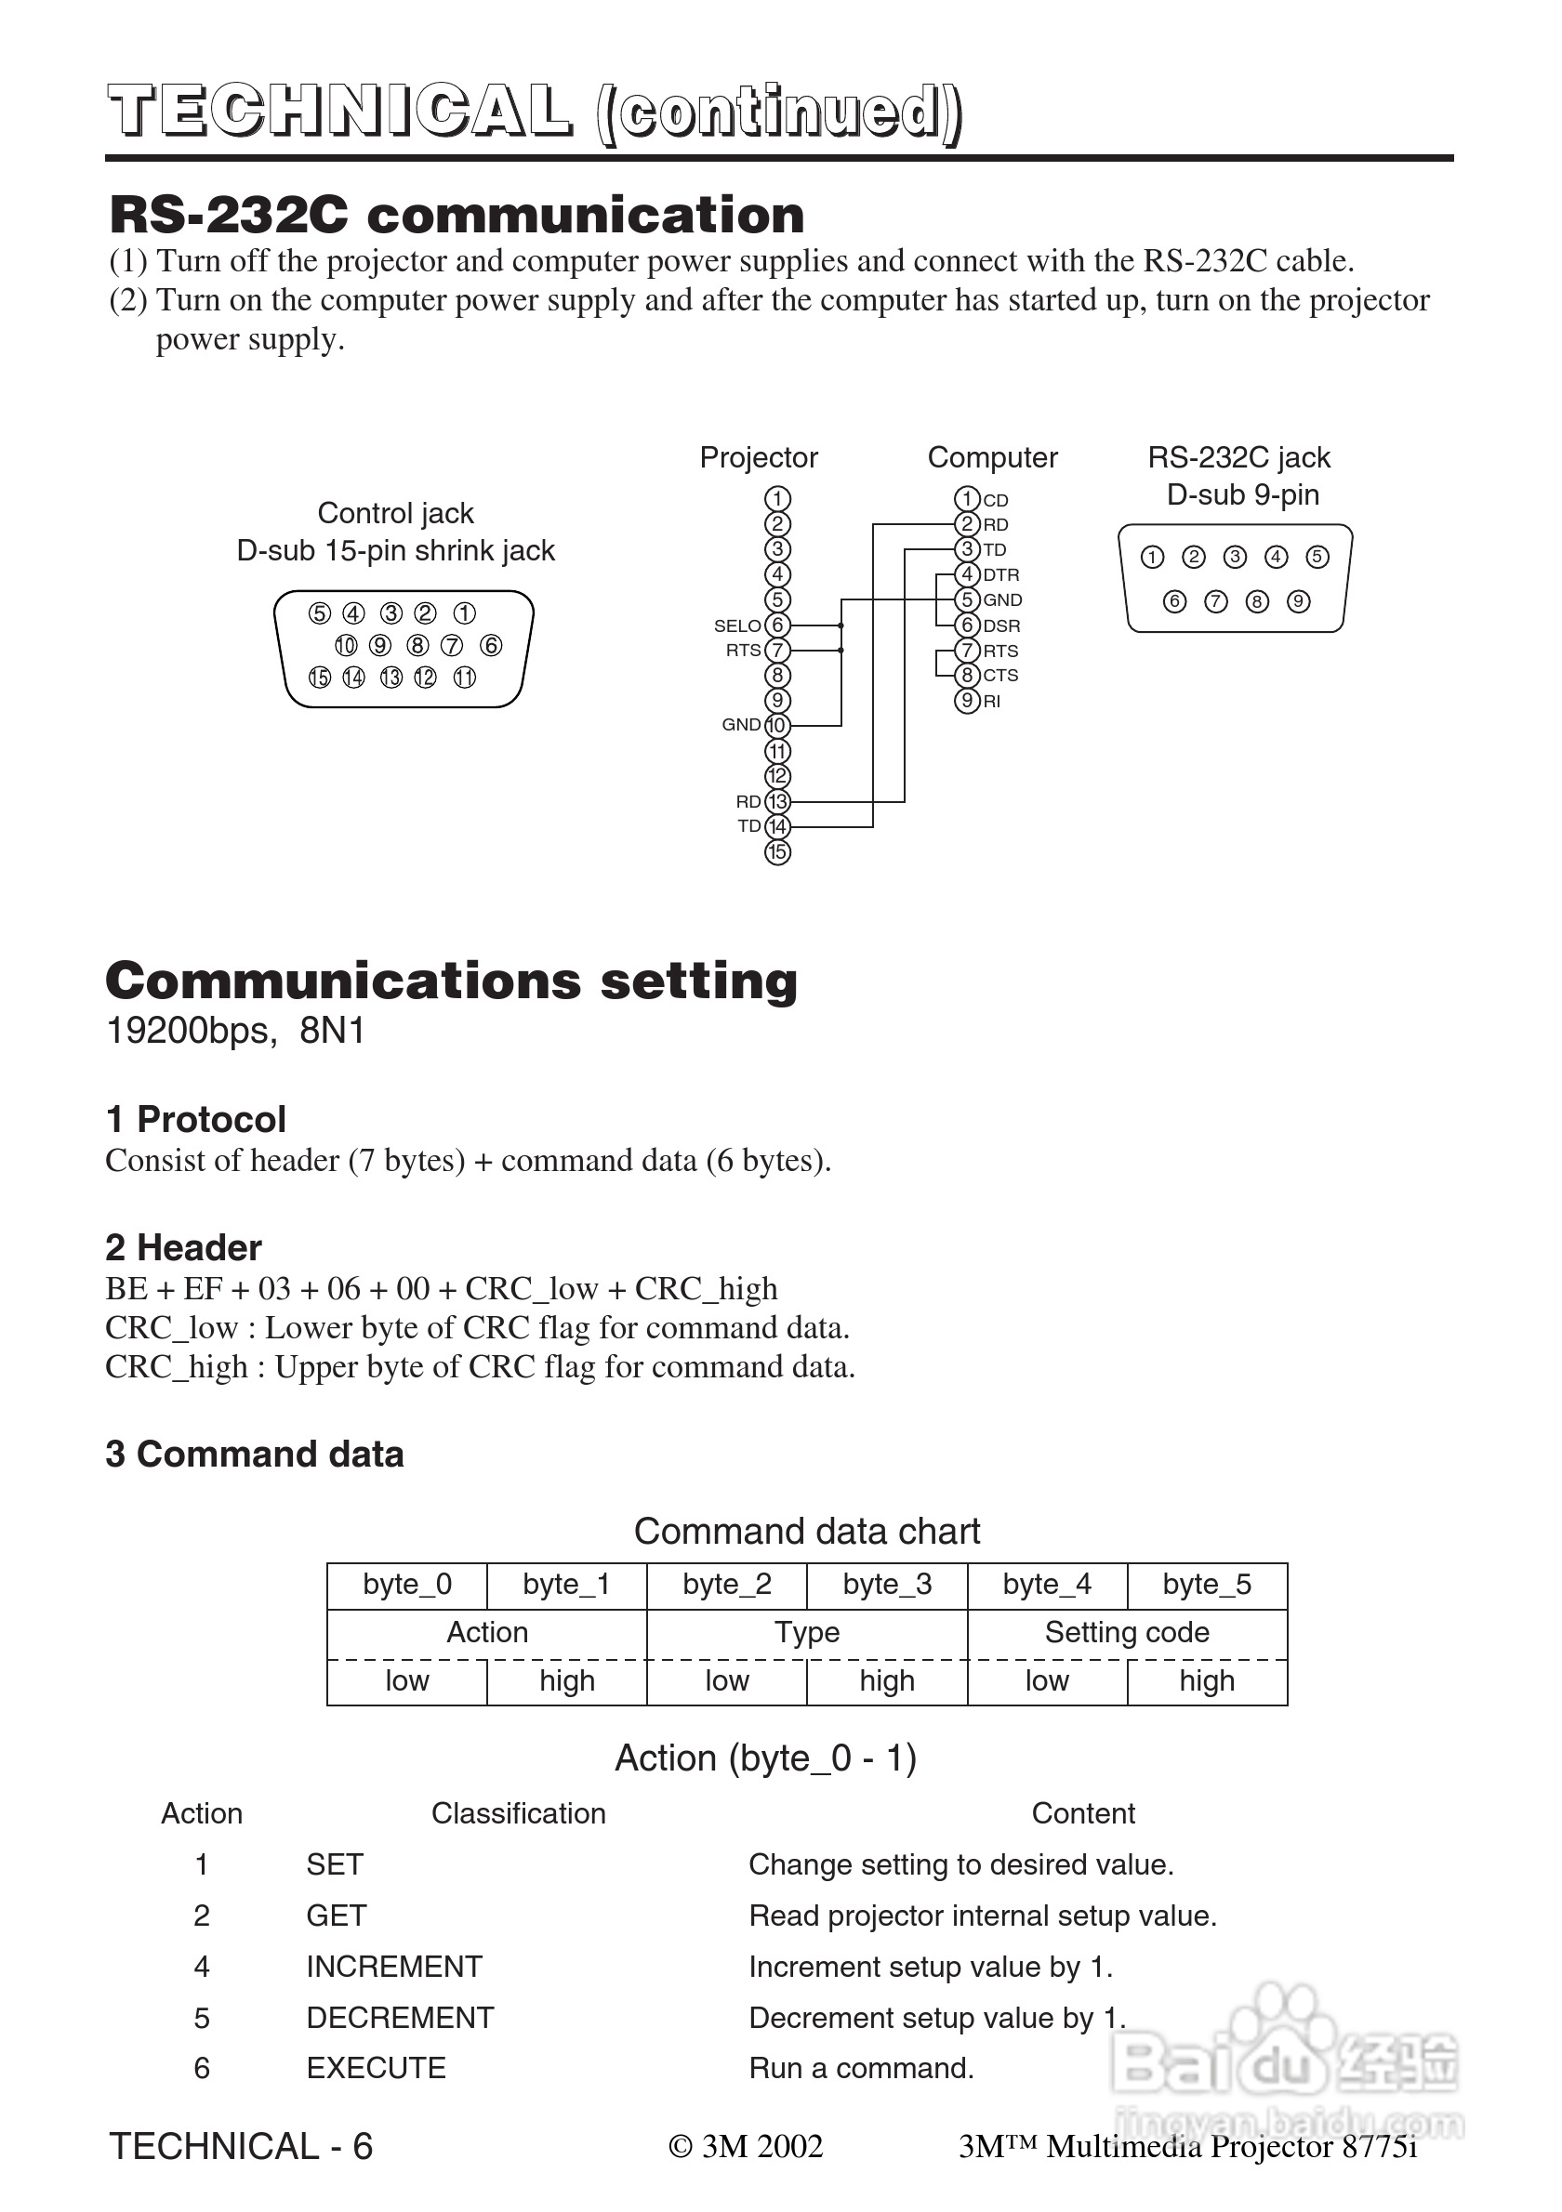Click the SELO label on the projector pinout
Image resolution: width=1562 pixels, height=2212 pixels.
coord(737,626)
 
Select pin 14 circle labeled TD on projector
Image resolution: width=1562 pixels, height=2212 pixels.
coord(776,826)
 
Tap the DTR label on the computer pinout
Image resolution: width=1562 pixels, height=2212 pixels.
coord(1000,575)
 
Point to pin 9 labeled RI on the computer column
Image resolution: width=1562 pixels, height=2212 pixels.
coord(967,702)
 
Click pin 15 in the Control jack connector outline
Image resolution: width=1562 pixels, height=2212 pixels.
coord(319,678)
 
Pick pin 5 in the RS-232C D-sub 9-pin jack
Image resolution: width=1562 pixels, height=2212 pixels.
coord(1317,557)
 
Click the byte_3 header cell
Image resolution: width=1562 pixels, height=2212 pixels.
coord(886,1585)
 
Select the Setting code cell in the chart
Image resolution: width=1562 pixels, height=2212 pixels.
coord(1127,1632)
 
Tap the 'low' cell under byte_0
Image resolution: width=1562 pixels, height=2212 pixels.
coord(406,1681)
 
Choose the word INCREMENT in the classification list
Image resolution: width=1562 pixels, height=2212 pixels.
coord(394,1967)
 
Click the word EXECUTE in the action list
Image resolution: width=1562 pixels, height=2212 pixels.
coord(376,2069)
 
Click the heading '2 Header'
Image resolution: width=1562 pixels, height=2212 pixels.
coord(183,1247)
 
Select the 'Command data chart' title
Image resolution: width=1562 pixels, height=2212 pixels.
coord(806,1531)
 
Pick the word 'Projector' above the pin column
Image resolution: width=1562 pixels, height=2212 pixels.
coord(759,457)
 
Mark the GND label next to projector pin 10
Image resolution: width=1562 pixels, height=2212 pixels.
coord(741,725)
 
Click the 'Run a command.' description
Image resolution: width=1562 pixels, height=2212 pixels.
coord(862,2069)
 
